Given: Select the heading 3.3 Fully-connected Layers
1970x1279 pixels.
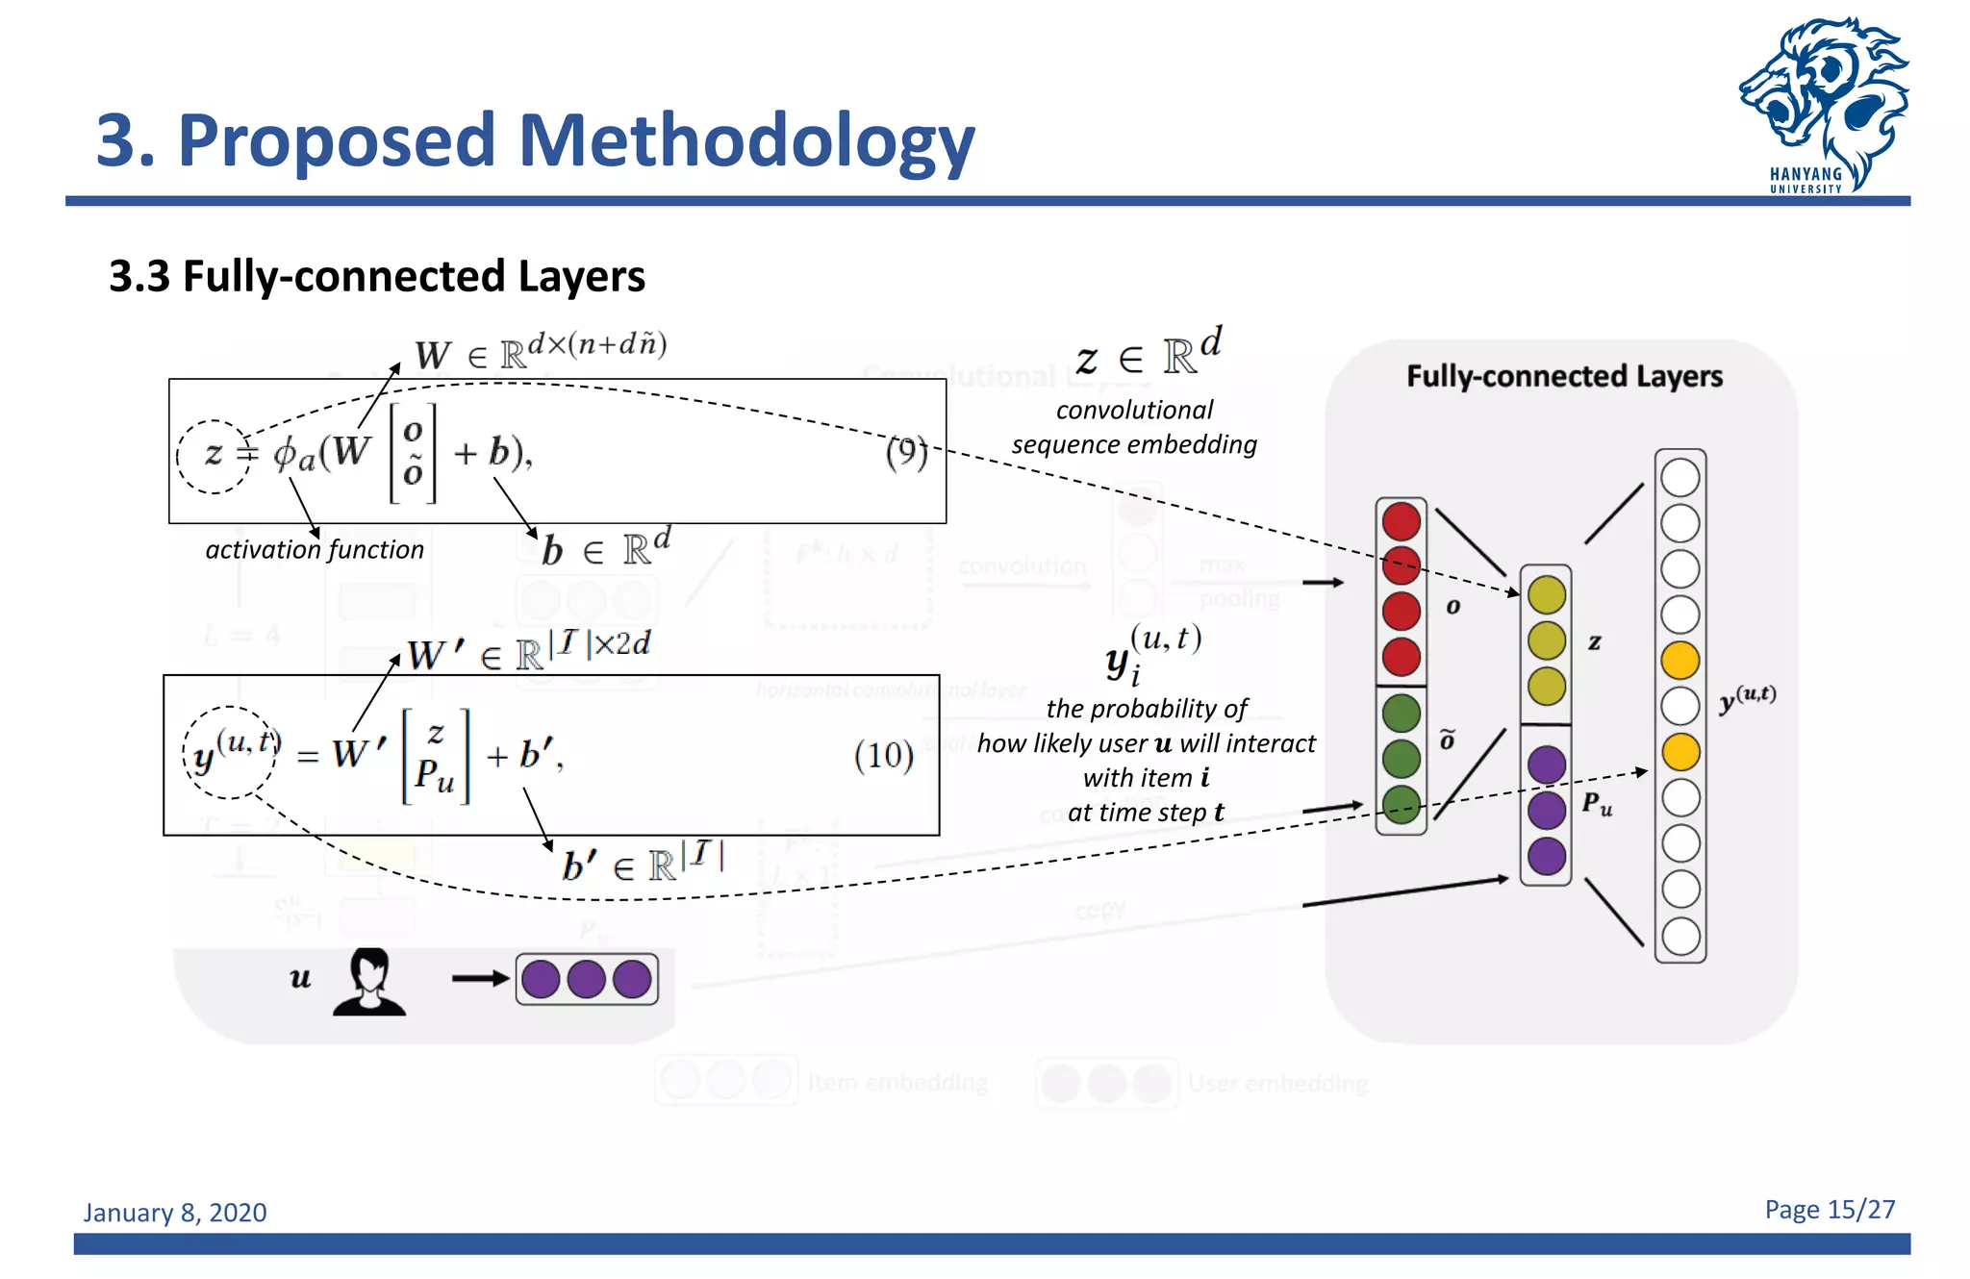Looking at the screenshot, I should tap(376, 277).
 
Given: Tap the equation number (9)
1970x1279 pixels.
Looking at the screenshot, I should tap(906, 452).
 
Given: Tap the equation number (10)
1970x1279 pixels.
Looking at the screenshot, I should tap(883, 756).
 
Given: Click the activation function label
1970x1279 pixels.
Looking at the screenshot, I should tap(315, 550).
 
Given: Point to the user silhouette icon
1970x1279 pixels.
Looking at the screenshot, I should tap(369, 982).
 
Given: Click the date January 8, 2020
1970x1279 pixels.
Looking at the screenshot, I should tap(175, 1213).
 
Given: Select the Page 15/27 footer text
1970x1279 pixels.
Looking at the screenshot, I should tap(1829, 1210).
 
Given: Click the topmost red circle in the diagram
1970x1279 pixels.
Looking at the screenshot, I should tap(1401, 521).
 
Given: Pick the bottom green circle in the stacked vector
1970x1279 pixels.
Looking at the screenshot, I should tap(1401, 804).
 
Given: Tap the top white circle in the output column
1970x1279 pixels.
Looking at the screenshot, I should tap(1680, 478).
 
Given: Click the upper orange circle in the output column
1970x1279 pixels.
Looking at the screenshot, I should tap(1680, 661).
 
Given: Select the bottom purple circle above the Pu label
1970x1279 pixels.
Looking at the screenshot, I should tap(1546, 856).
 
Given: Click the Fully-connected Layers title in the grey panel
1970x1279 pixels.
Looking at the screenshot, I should tap(1564, 376).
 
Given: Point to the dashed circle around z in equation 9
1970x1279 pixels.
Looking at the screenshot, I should tap(214, 456).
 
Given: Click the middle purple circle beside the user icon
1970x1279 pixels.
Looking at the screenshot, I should tap(586, 980).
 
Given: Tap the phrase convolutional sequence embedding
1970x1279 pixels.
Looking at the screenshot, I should tap(1134, 427).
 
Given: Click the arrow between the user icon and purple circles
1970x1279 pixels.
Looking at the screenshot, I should tap(480, 979).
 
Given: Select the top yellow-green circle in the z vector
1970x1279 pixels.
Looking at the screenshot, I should tap(1546, 595).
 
